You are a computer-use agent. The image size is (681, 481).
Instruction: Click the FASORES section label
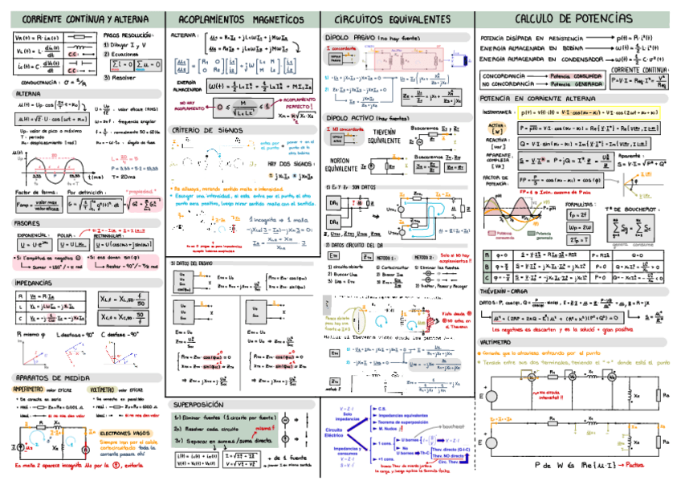[29, 223]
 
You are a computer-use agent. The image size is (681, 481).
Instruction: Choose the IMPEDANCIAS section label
[36, 283]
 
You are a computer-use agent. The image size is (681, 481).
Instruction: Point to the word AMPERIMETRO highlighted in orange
[28, 389]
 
